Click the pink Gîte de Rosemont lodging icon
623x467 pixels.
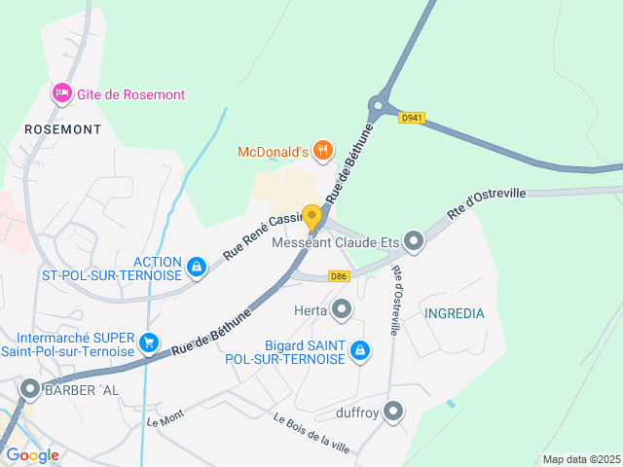[x=60, y=93]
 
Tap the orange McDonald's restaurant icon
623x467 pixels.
[x=323, y=151]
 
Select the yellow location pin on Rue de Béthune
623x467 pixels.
[x=311, y=217]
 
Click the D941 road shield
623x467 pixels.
[x=412, y=118]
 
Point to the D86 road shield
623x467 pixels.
[x=339, y=276]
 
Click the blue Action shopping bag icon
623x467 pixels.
[x=197, y=267]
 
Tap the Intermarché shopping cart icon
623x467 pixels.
[x=149, y=341]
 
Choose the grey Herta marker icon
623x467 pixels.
[x=342, y=310]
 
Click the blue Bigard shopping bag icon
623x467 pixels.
[x=359, y=350]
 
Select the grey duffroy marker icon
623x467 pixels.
[x=393, y=412]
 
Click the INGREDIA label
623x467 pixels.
[x=454, y=313]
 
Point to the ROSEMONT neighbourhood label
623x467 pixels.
[x=63, y=128]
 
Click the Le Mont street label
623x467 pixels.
[x=165, y=419]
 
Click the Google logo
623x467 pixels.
[x=32, y=455]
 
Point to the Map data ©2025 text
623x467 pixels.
[x=580, y=459]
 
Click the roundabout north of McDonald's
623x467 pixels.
[x=378, y=106]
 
